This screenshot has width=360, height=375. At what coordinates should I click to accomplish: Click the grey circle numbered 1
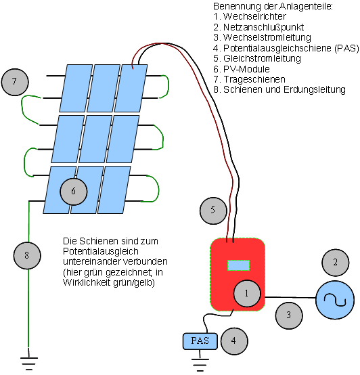tap(247, 293)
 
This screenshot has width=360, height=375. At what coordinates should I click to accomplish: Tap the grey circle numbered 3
tap(288, 315)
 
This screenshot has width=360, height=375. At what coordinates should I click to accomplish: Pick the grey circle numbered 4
tap(233, 341)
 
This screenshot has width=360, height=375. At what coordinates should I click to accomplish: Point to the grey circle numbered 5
tap(212, 211)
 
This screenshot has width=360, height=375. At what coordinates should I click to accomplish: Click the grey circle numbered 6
tap(74, 191)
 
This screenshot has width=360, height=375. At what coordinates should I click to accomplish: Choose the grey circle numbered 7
tap(15, 82)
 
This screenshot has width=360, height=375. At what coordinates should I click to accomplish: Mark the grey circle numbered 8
tap(27, 255)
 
